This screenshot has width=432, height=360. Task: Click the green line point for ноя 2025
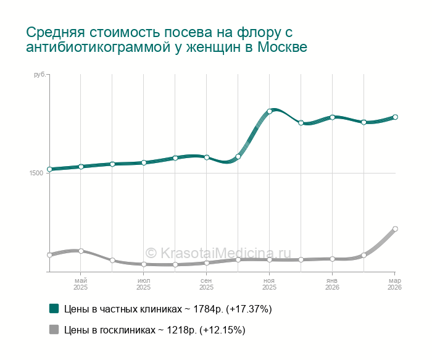pyautogui.click(x=270, y=111)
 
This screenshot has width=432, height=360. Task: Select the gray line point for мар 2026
pyautogui.click(x=395, y=229)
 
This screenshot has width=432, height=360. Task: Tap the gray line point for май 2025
pyautogui.click(x=81, y=251)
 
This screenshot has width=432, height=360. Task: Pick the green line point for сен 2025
pyautogui.click(x=207, y=157)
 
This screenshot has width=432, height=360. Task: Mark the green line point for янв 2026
pyautogui.click(x=332, y=117)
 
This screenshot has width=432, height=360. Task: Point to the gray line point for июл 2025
pyautogui.click(x=144, y=264)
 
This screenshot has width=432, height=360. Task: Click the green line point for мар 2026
pyautogui.click(x=395, y=117)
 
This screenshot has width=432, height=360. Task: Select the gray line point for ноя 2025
pyautogui.click(x=270, y=260)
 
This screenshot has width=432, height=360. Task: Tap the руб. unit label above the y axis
pyautogui.click(x=39, y=75)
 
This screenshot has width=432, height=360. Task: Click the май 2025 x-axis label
pyautogui.click(x=81, y=284)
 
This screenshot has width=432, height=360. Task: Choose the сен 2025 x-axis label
pyautogui.click(x=207, y=284)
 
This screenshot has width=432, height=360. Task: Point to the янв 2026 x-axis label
pyautogui.click(x=332, y=284)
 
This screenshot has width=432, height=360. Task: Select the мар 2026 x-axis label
pyautogui.click(x=395, y=284)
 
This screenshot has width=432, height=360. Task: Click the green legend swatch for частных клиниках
pyautogui.click(x=54, y=308)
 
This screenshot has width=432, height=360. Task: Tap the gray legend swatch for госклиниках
pyautogui.click(x=54, y=330)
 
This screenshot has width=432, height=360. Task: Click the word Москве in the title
pyautogui.click(x=281, y=48)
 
